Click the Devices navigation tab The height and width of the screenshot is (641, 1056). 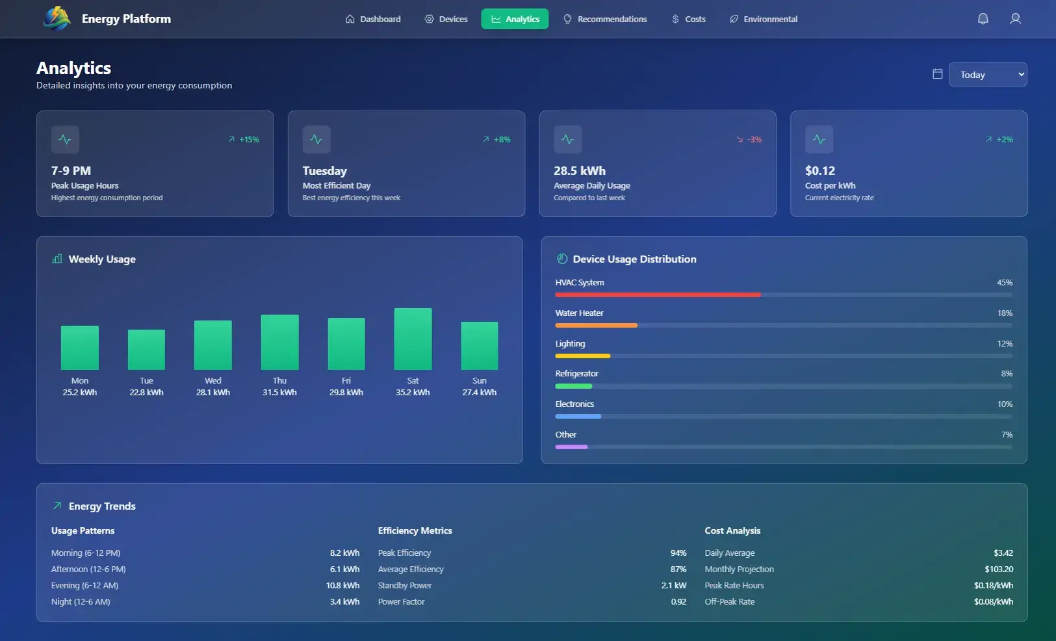tap(446, 19)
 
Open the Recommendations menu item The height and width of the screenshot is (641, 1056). tap(605, 19)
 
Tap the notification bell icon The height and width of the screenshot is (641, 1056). tap(983, 19)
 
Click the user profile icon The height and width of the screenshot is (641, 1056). tap(1015, 19)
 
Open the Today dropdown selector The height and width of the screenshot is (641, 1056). tap(987, 75)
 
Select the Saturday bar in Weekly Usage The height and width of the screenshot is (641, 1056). tap(413, 339)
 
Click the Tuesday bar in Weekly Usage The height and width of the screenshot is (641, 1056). tap(146, 349)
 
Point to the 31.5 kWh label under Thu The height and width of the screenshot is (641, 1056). tap(279, 393)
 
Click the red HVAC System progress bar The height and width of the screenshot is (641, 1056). tap(658, 295)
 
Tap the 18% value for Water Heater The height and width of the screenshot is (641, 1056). tap(1005, 313)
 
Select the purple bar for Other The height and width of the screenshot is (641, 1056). tap(571, 447)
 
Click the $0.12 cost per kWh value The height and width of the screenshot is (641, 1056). tap(820, 171)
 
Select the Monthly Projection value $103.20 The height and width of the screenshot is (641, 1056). tap(998, 569)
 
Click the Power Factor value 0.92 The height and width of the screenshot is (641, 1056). tap(678, 602)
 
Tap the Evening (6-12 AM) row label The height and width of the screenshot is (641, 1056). tap(84, 586)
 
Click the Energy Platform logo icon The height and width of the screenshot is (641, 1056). tap(57, 18)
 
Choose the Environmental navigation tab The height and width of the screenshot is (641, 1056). tap(764, 19)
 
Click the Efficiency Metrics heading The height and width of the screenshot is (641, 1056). tap(415, 531)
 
